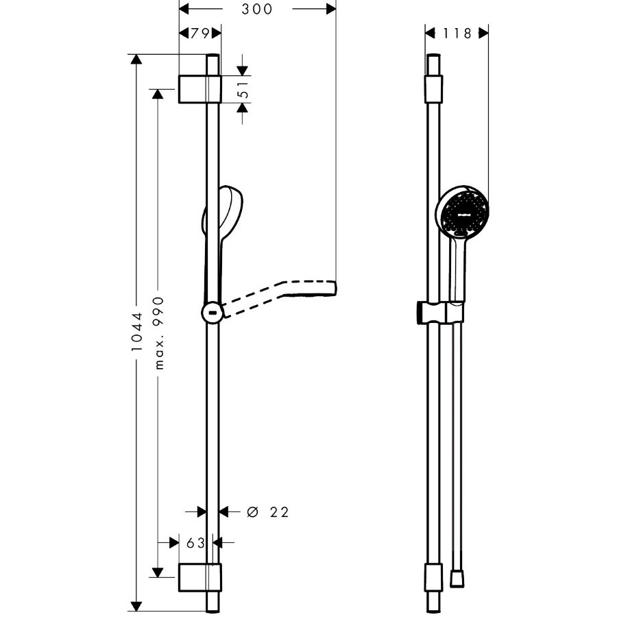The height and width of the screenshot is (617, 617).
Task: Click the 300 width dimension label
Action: tap(257, 9)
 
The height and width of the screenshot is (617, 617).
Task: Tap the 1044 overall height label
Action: tap(137, 332)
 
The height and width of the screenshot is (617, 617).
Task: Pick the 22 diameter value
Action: tap(279, 512)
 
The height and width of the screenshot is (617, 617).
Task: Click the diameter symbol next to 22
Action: tap(251, 512)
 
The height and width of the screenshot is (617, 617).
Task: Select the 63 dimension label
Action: tap(196, 543)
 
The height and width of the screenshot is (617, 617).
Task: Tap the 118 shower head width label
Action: tap(457, 33)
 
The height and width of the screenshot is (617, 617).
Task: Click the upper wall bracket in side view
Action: tap(199, 89)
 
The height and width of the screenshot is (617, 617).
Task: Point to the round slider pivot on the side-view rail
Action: tap(213, 313)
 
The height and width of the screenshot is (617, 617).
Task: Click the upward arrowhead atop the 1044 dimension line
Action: tap(137, 60)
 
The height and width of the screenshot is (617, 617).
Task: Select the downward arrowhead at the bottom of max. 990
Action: tap(158, 571)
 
